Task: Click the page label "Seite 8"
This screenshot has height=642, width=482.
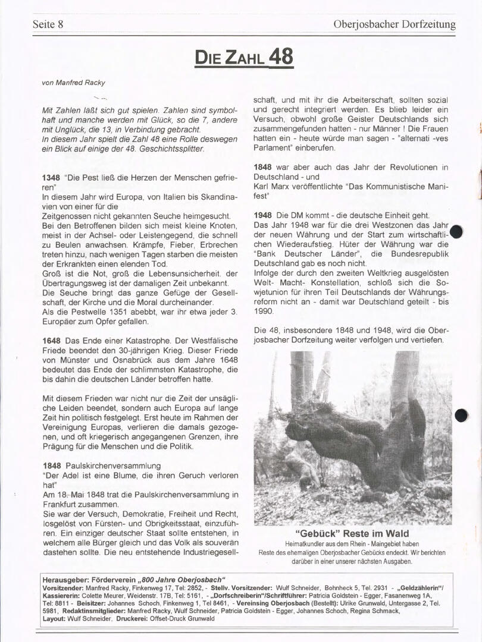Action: tap(48, 25)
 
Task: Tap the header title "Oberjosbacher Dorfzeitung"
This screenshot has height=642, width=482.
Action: tap(395, 25)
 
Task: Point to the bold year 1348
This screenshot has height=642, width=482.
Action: tap(51, 178)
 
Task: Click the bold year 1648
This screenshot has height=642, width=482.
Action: tap(51, 341)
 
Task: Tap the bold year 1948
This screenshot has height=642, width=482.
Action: tap(262, 215)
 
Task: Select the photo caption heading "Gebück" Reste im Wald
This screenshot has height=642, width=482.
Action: tap(352, 534)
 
